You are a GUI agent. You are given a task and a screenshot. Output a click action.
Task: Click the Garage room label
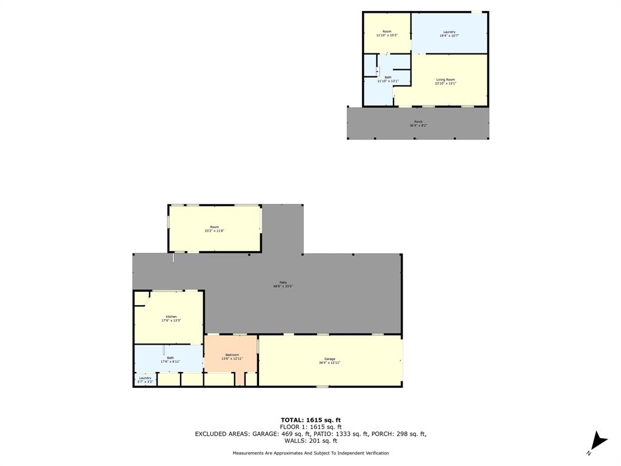(x=329, y=359)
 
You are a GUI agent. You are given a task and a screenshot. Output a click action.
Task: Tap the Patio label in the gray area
(x=283, y=282)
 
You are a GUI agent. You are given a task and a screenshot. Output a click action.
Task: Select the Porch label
(x=418, y=121)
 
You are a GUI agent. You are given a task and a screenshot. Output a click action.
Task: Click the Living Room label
(x=445, y=79)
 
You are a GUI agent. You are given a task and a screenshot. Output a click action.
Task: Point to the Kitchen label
(x=172, y=317)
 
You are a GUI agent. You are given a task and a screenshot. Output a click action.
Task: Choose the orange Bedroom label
(x=232, y=355)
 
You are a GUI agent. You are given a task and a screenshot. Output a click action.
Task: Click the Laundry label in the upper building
(x=449, y=32)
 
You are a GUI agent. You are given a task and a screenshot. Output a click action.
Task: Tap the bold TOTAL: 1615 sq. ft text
(x=310, y=420)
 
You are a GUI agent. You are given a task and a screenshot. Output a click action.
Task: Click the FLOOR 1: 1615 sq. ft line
(x=310, y=427)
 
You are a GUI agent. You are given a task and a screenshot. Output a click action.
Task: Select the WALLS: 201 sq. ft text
(x=310, y=441)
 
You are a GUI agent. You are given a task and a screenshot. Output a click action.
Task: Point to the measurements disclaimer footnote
(x=310, y=453)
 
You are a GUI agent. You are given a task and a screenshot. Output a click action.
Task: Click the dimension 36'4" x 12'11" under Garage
(x=329, y=362)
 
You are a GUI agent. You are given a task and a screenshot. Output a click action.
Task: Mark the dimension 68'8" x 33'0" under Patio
(x=283, y=286)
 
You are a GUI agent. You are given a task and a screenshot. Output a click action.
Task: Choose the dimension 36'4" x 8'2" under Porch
(x=418, y=126)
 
